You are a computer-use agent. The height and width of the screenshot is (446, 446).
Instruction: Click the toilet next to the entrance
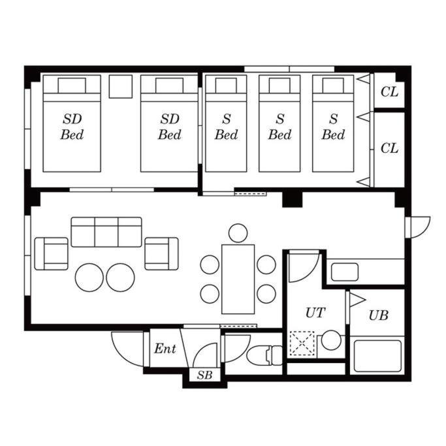[264, 355]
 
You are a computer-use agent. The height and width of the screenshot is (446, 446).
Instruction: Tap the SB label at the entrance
[205, 375]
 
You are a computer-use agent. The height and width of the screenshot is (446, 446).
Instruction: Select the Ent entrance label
[165, 349]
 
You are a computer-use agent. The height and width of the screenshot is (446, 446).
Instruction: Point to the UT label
[315, 313]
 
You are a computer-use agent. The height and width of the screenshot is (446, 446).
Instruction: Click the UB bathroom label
[378, 315]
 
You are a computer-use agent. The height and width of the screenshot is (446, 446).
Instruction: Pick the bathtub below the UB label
[377, 356]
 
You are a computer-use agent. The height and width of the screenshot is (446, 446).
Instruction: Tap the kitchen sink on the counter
[345, 272]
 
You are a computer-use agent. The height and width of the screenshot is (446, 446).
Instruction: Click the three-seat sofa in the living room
[106, 232]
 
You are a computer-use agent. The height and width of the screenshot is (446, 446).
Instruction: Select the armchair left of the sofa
[51, 254]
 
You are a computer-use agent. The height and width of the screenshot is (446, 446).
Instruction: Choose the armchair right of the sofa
[161, 254]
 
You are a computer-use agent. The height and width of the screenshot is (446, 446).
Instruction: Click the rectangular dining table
[238, 279]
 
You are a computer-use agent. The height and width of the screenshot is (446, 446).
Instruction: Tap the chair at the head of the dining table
[238, 233]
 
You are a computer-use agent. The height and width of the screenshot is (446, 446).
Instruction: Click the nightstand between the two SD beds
[121, 86]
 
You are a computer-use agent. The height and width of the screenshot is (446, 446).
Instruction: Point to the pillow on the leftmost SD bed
[72, 86]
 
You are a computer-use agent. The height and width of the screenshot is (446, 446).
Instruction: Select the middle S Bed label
[279, 127]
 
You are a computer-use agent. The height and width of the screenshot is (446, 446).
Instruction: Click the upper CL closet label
[389, 92]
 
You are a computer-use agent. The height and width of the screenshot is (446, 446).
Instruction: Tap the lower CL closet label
[389, 148]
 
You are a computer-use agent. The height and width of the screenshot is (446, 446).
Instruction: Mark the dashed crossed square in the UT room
[302, 344]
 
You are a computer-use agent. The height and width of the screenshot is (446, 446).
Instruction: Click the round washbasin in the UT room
[331, 340]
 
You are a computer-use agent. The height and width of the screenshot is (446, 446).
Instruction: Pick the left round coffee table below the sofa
[89, 278]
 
